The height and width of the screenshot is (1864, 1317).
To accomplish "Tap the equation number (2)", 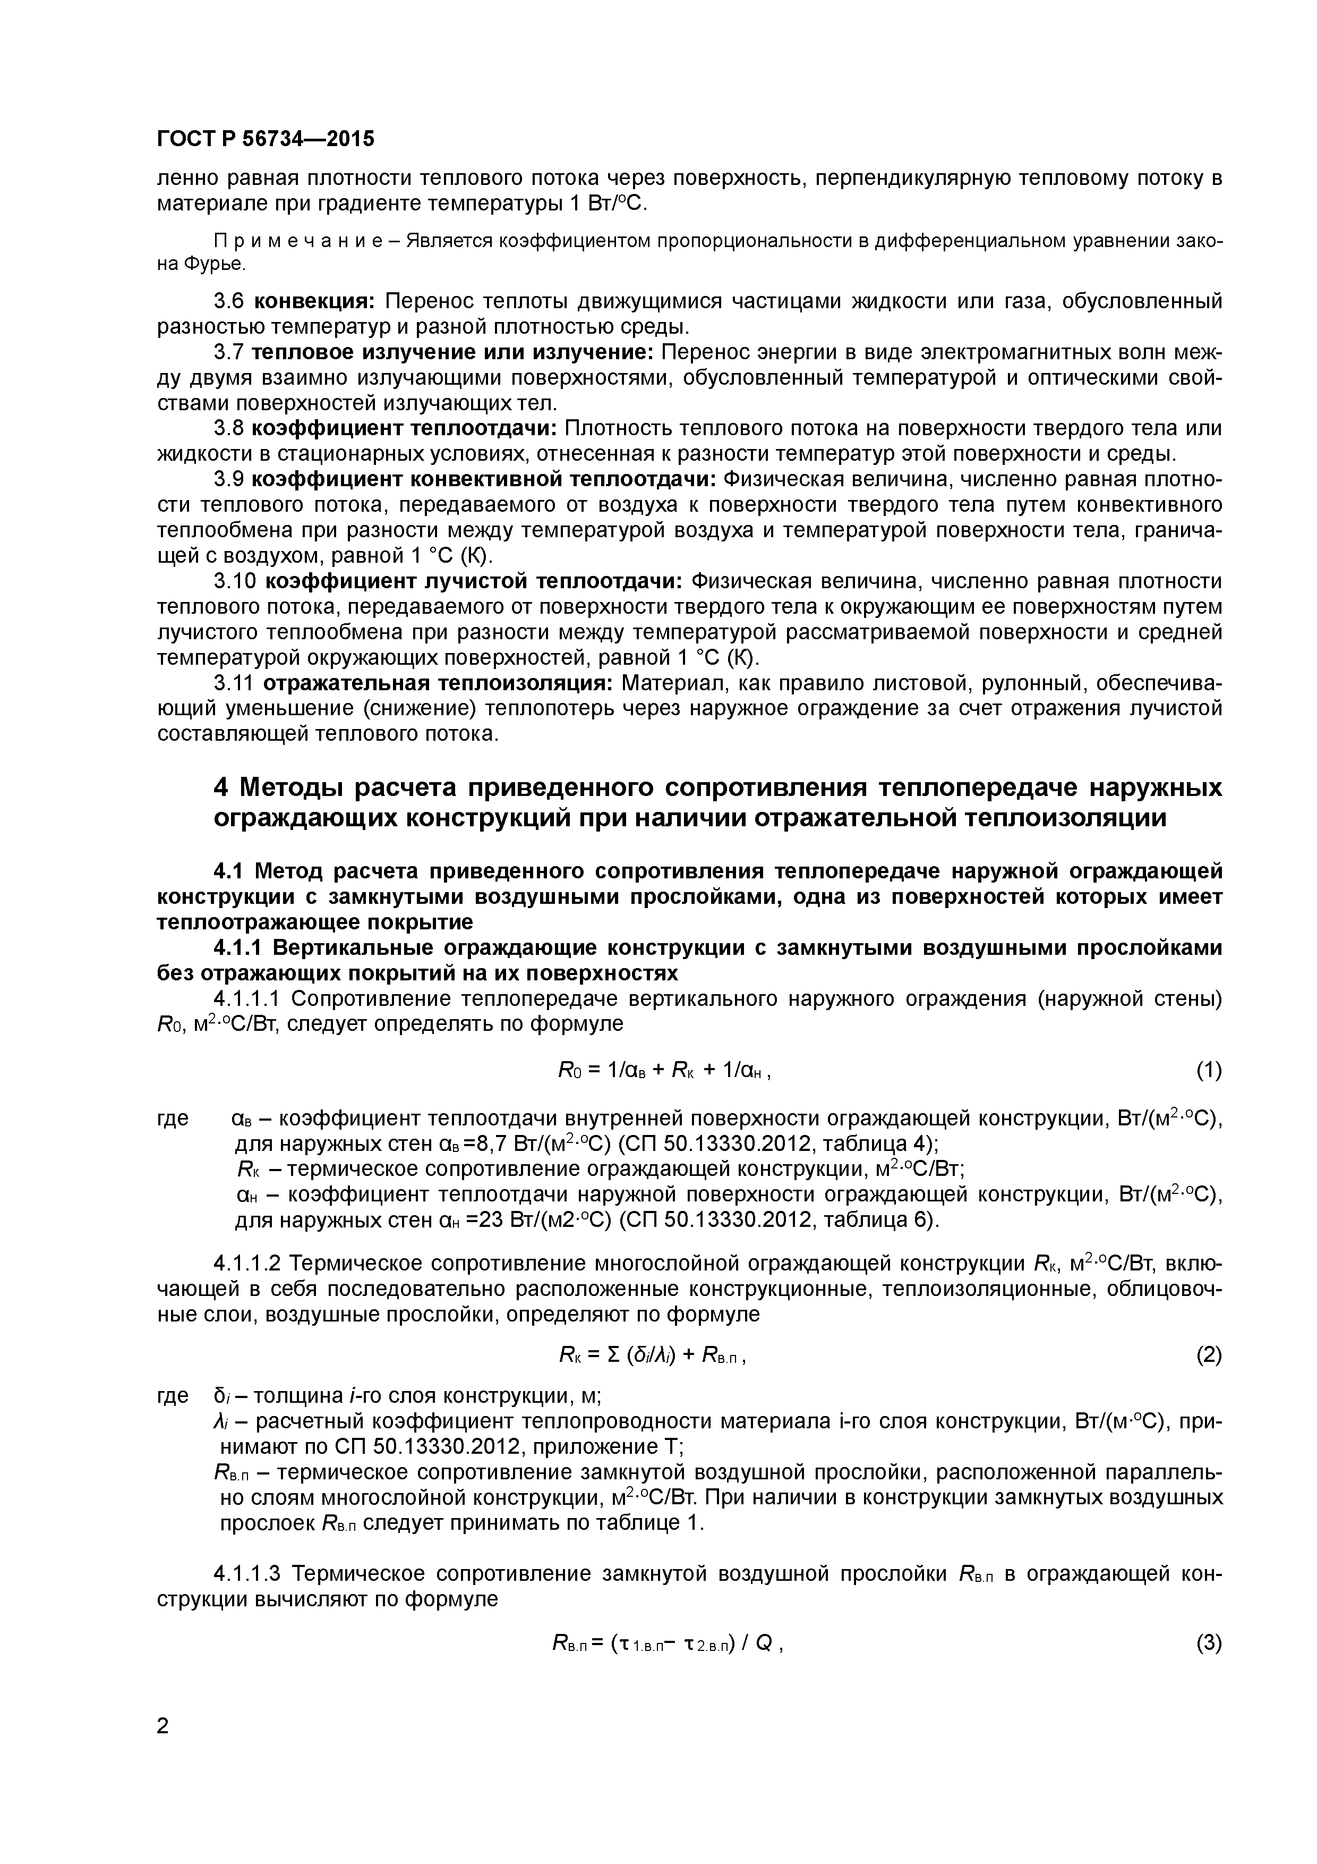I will coord(1208,1355).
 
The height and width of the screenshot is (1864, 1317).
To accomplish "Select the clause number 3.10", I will coord(235,582).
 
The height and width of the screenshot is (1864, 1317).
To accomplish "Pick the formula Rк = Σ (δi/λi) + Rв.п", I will coord(652,1355).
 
